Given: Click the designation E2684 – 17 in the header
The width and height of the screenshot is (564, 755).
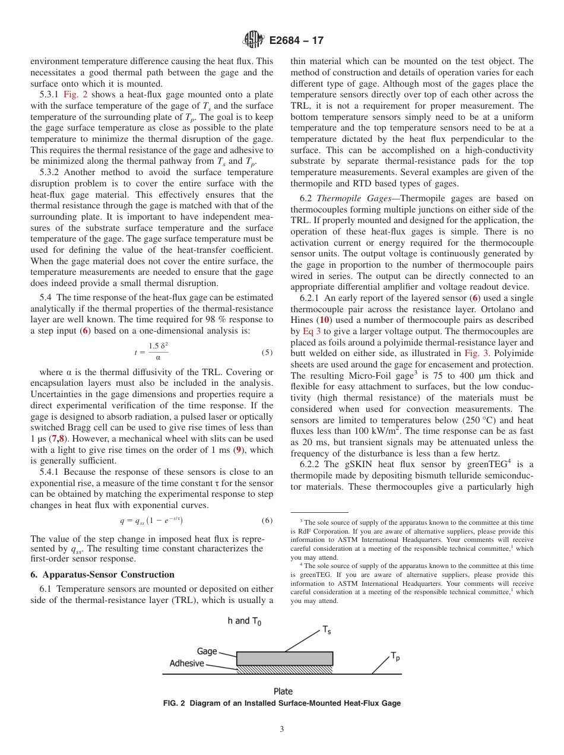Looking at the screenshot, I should tap(296, 41).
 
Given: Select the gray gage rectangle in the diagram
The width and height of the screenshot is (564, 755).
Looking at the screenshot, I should tap(284, 658).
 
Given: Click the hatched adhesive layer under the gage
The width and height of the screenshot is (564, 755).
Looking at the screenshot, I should tap(284, 669).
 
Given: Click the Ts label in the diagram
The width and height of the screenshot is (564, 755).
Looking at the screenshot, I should tap(327, 630).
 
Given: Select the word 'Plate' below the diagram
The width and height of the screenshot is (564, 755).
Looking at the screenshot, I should tap(283, 691).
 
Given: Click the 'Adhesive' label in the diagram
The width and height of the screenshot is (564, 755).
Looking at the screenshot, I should tap(186, 664).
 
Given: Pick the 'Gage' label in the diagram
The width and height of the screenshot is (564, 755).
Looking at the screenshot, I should tap(207, 651).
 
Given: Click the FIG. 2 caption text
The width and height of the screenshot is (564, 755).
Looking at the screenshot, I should tap(282, 703).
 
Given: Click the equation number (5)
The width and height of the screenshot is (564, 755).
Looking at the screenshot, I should tap(267, 353).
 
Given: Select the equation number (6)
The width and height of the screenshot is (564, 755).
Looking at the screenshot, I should tap(267, 521).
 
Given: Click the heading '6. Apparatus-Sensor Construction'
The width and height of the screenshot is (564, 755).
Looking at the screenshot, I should tap(102, 575).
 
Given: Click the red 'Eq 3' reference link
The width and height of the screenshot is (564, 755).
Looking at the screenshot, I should tap(312, 331).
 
